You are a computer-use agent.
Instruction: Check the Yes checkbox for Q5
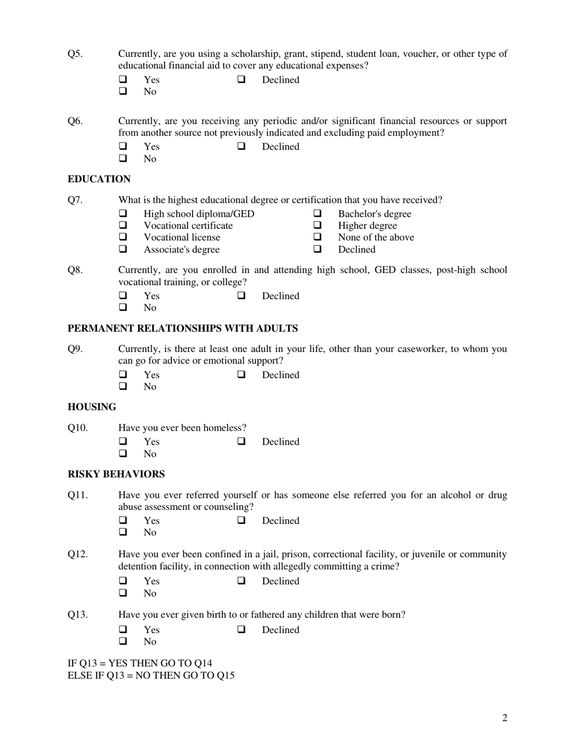tap(123, 80)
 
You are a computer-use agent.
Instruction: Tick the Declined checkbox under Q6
tap(241, 147)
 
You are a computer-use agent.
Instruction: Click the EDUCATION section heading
tap(99, 179)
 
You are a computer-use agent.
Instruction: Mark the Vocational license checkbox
tap(123, 237)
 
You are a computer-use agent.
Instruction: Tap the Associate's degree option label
tap(182, 250)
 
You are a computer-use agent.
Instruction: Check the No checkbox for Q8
tap(123, 308)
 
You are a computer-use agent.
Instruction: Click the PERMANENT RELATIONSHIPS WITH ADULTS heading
tap(183, 328)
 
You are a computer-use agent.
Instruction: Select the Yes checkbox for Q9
tap(123, 375)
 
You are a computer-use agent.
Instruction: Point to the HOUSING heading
tap(92, 407)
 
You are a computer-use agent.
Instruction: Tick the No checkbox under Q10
tap(123, 454)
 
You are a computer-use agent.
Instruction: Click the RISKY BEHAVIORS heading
tap(116, 474)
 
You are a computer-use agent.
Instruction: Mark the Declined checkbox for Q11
tap(241, 521)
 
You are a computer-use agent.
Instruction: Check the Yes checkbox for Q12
tap(123, 581)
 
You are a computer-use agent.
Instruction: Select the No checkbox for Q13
tap(123, 641)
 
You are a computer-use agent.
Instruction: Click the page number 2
tap(504, 718)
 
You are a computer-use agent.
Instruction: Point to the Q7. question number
tap(75, 200)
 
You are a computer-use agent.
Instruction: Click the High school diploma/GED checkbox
tap(123, 214)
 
